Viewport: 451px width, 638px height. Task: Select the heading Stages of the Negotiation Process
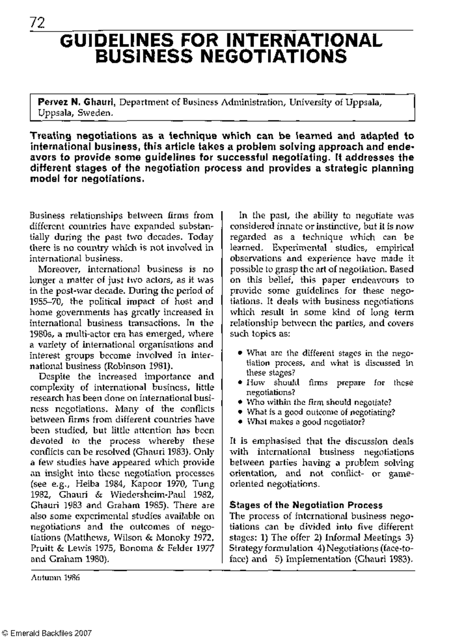(306, 505)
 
